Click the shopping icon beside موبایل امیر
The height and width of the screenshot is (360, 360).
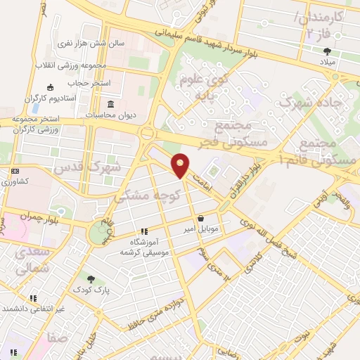pos(202,218)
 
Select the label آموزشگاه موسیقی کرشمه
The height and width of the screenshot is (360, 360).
pos(143,246)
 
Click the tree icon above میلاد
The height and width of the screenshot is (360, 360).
pos(327,51)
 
